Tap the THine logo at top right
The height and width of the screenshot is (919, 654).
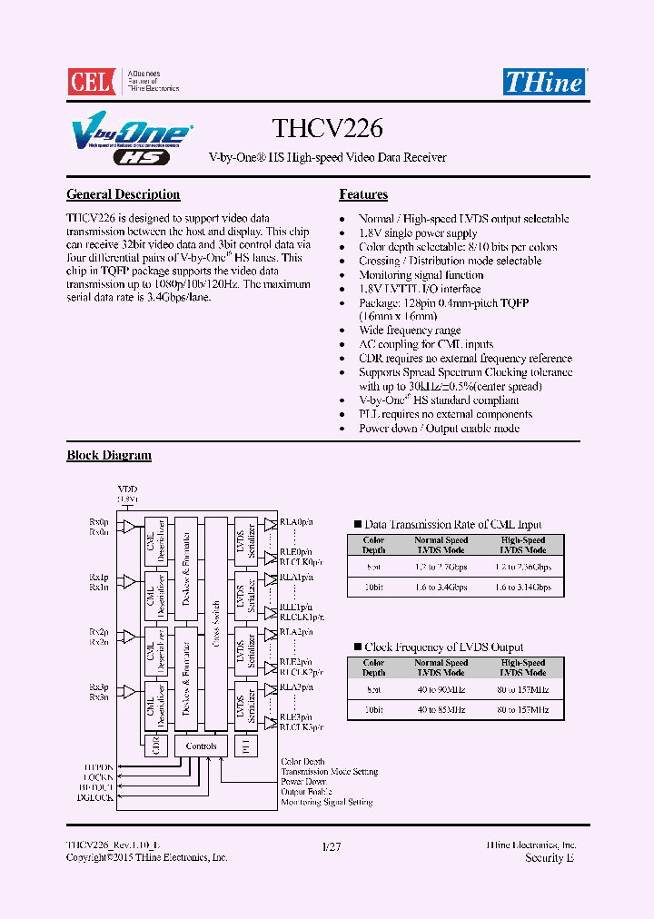coord(544,81)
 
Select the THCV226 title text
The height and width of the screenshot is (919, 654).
coord(327,131)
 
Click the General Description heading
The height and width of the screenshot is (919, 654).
coord(124,194)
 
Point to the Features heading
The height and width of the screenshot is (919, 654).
coord(363,194)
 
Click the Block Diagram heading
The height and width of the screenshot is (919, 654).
coord(109,455)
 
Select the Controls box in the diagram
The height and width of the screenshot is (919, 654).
coord(201,746)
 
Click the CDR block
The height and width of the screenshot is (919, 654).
coord(155,746)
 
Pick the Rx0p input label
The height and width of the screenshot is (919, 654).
coord(98,523)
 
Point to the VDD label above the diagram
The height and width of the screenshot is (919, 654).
coord(126,489)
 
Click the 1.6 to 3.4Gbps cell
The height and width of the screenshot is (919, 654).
coord(441,588)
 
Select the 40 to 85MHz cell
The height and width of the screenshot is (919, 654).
coord(441,710)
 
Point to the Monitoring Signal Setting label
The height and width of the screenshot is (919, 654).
coord(327,802)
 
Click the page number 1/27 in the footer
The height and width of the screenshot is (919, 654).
coord(332,845)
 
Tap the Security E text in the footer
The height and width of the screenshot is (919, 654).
coord(550,857)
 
